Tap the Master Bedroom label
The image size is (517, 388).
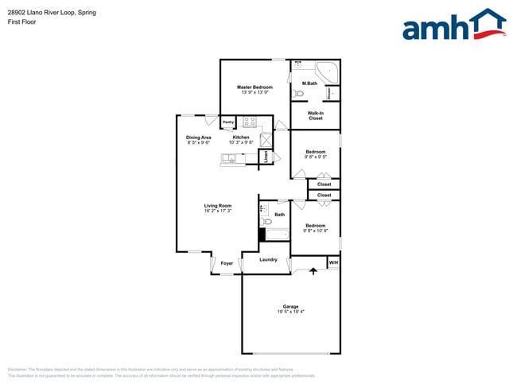tap(255, 87)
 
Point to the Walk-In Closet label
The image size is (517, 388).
tap(315, 115)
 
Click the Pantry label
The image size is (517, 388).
tap(227, 122)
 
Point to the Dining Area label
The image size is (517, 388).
tap(198, 138)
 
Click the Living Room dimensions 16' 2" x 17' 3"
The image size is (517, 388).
tap(217, 211)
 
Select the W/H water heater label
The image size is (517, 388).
tap(333, 262)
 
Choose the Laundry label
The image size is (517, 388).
tap(268, 259)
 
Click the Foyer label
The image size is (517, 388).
tap(227, 263)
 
